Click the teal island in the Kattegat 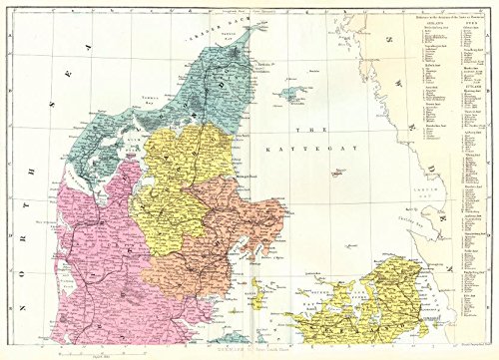(293, 94)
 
